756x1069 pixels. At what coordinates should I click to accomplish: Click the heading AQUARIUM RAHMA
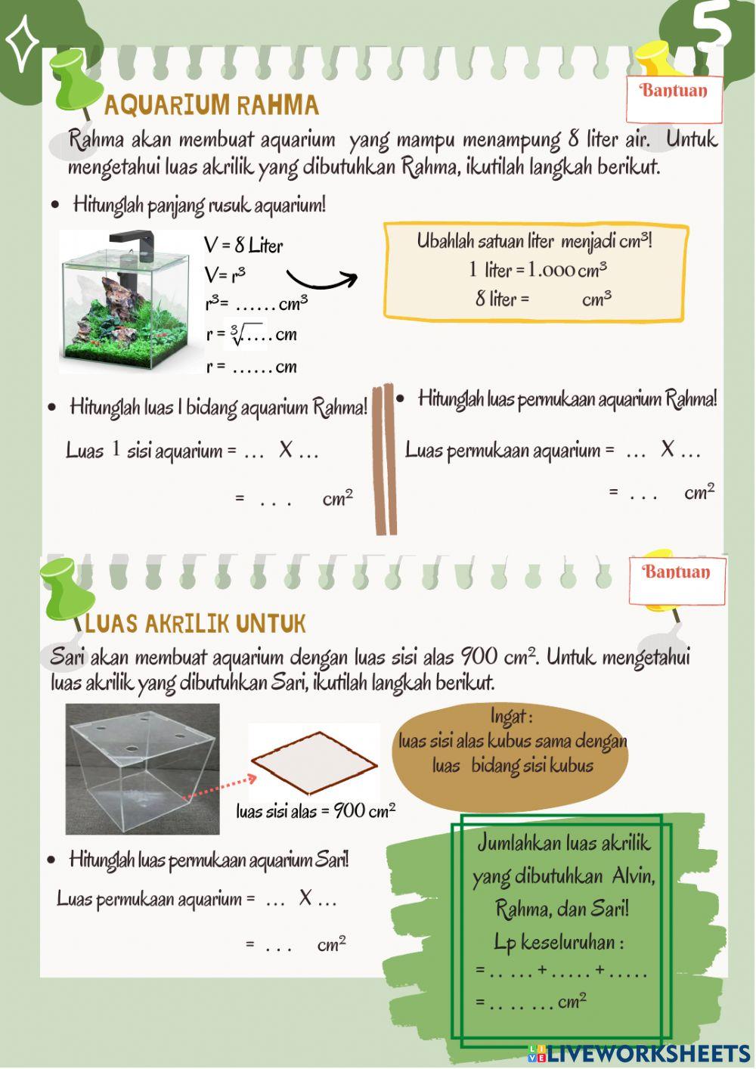212,105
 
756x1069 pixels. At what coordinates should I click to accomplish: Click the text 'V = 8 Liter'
243,246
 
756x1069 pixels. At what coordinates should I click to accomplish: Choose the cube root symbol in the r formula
237,333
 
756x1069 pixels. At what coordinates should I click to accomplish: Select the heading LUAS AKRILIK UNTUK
196,624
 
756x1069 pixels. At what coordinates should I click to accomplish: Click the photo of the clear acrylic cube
142,769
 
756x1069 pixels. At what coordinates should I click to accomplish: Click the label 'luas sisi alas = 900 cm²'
315,811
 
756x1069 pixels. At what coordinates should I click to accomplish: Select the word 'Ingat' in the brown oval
511,715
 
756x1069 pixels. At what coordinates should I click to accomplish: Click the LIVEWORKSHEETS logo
639,1054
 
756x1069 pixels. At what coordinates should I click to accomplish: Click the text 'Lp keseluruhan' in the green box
559,943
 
